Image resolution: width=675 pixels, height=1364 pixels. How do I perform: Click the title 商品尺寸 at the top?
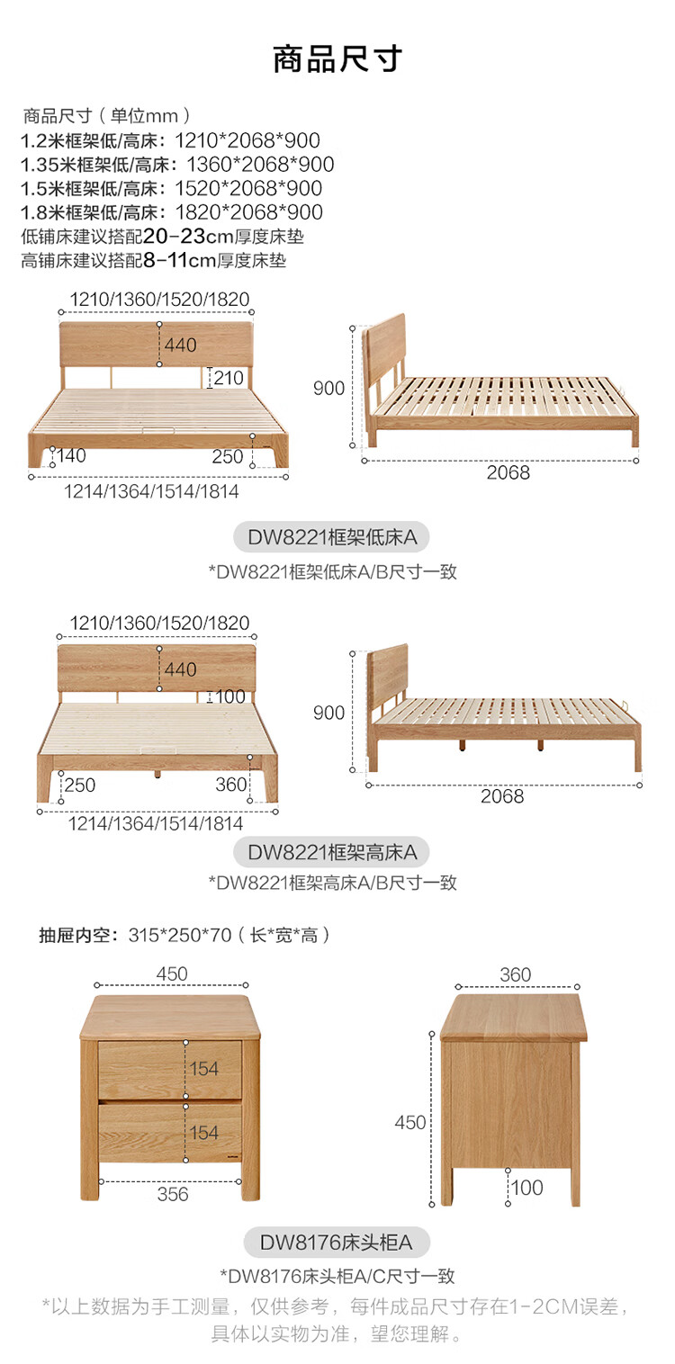coord(337,58)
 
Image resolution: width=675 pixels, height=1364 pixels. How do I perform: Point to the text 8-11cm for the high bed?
coord(180,261)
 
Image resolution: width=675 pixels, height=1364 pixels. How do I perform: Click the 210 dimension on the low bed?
coord(229,378)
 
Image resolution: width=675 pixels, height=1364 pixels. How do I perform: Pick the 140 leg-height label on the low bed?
coord(71,456)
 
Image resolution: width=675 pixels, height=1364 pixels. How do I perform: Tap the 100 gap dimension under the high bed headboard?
coord(230,696)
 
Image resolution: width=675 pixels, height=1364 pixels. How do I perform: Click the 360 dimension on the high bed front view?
coord(231,785)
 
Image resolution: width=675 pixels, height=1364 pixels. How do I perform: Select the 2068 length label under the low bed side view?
coord(508,472)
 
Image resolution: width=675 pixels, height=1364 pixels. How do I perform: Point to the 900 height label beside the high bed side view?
coord(329,713)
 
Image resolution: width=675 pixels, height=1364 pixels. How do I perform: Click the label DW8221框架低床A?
coord(332,538)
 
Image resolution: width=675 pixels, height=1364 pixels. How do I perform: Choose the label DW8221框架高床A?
coord(332,851)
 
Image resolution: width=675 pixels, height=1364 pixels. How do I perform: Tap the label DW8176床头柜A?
coord(337,1243)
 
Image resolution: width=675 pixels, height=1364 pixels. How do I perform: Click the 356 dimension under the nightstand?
coord(173,1194)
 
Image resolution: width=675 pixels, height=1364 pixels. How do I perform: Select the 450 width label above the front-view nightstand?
coord(172,974)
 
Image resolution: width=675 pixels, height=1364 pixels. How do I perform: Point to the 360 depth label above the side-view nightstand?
coord(516,974)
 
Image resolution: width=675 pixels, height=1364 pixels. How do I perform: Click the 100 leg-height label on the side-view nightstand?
coord(527,1188)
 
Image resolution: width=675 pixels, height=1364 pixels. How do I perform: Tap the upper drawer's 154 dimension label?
coord(204,1069)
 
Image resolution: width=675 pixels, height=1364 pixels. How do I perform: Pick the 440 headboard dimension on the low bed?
coord(180,345)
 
